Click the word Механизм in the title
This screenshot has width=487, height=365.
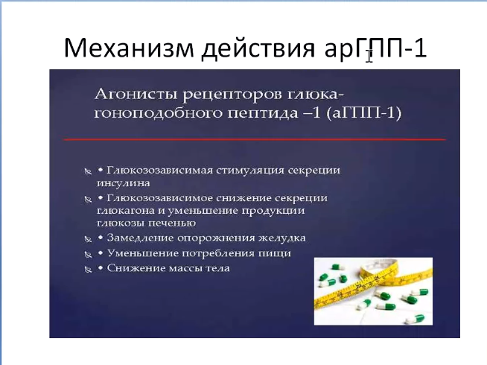pyautogui.click(x=129, y=48)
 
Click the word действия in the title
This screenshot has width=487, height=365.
pyautogui.click(x=258, y=48)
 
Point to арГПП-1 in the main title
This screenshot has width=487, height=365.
pyautogui.click(x=375, y=49)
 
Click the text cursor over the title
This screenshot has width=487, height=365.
pyautogui.click(x=369, y=56)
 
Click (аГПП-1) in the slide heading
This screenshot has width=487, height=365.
pyautogui.click(x=363, y=112)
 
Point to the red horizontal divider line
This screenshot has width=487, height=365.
pyautogui.click(x=255, y=139)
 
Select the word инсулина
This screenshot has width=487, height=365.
pyautogui.click(x=124, y=183)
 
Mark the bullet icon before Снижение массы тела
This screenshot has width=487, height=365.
pyautogui.click(x=88, y=269)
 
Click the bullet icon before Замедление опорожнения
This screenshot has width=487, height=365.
pyautogui.click(x=88, y=239)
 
